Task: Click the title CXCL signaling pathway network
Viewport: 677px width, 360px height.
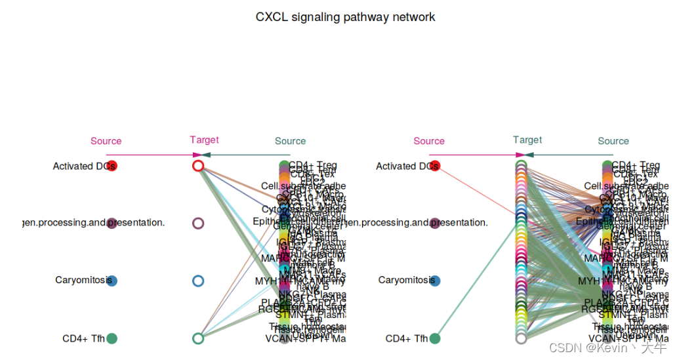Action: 345,17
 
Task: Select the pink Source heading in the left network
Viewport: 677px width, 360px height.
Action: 106,141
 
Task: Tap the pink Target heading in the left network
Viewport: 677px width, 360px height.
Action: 204,140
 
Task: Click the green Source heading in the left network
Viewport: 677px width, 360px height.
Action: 290,141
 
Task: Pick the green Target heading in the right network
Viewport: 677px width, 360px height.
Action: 527,140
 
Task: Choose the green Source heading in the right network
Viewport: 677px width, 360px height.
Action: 613,141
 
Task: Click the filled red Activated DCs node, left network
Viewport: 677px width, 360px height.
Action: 112,166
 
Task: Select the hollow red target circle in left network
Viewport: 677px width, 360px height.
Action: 198,166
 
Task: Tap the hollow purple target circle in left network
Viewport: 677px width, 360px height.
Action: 198,223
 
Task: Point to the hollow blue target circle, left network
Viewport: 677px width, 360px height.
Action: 198,281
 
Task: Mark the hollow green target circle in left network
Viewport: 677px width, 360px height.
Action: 198,338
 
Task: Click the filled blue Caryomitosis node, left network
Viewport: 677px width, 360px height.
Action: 112,281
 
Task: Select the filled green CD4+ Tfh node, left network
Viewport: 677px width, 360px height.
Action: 112,338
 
